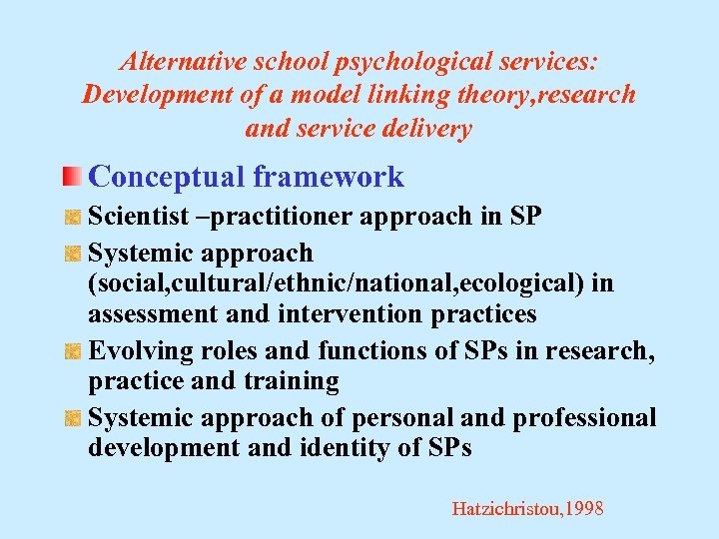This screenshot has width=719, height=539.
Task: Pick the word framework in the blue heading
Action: click(329, 177)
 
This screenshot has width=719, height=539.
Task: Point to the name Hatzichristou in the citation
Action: click(505, 509)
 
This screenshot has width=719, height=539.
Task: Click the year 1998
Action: click(583, 509)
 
